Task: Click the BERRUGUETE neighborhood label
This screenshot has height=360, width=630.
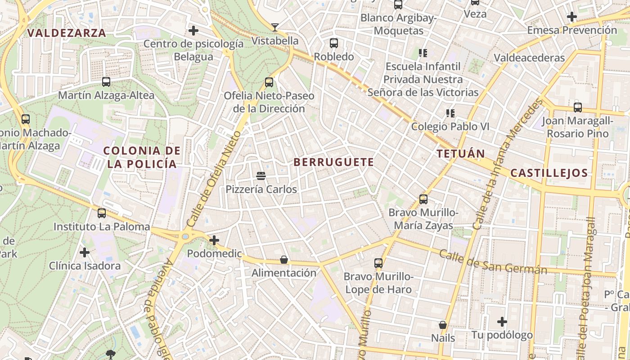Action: click(333, 162)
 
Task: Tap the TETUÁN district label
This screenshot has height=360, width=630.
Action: click(461, 154)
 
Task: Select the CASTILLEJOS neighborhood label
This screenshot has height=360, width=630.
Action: click(549, 173)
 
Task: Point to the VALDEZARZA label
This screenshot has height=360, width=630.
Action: click(67, 33)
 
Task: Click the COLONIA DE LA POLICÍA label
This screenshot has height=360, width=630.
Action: click(143, 157)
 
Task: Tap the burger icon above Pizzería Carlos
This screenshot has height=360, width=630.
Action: click(261, 175)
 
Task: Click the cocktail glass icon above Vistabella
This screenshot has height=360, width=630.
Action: click(275, 27)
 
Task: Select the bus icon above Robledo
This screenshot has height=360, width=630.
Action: click(334, 43)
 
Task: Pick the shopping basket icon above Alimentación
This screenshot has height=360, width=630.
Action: click(284, 260)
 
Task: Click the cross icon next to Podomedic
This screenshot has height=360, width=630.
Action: click(214, 240)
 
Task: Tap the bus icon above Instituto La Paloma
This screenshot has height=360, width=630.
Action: click(102, 213)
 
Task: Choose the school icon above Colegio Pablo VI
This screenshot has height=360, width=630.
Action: click(450, 113)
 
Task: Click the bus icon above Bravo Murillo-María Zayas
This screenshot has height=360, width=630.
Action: click(423, 199)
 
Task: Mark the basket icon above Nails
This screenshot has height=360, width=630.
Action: click(443, 324)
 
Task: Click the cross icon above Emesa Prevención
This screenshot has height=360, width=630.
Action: click(572, 17)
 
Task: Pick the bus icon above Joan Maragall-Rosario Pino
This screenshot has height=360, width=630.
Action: click(578, 108)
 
